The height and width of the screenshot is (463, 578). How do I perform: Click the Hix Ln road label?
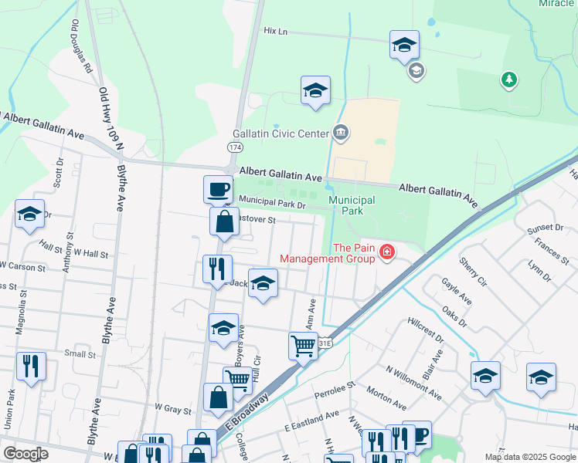coord(275,31)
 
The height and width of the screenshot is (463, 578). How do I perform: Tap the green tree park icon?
coord(508,79)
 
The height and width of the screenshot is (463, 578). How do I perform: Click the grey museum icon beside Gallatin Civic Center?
coord(341,133)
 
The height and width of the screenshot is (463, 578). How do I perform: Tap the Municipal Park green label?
coord(352,205)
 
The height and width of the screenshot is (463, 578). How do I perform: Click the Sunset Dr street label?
coord(545,228)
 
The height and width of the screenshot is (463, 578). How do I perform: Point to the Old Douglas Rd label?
coord(82,46)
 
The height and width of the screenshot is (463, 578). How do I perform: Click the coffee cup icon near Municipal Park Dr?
coord(218,188)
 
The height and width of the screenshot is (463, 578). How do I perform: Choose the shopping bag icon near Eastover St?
coord(223,221)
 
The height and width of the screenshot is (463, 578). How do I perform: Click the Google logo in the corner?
coord(25,454)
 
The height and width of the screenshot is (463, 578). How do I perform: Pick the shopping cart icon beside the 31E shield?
coord(303,345)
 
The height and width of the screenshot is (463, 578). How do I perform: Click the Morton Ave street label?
coord(386,398)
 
